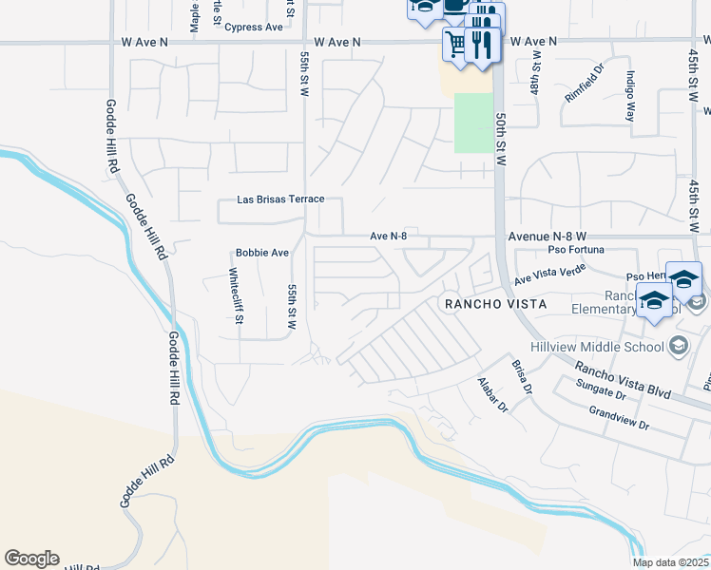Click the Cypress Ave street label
coord(254,28)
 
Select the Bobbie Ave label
coord(261,254)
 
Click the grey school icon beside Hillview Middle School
coord(678,343)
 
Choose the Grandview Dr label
coord(618,418)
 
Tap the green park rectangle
coord(473,123)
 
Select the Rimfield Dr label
coord(584,83)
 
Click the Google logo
coord(31,559)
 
